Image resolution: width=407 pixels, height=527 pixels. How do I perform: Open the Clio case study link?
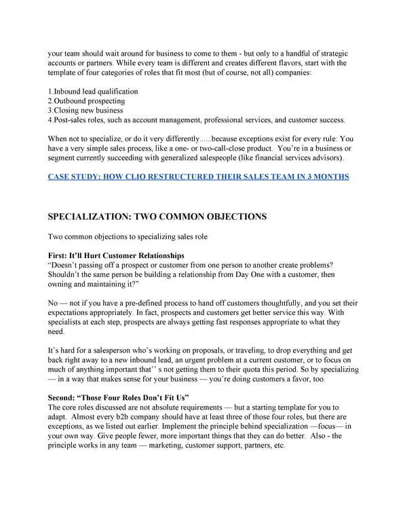pos(198,177)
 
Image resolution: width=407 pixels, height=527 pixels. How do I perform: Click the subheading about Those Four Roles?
pos(118,396)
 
